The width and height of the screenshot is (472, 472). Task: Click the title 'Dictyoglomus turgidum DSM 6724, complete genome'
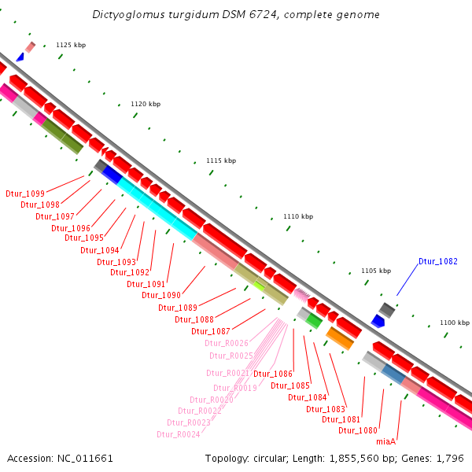[x=236, y=15]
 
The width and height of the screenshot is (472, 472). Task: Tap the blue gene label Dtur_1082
[x=437, y=261]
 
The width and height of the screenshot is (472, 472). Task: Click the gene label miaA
[x=385, y=441]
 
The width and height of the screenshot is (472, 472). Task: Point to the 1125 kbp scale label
[x=71, y=45]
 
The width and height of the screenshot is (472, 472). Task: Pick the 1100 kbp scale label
[x=454, y=323]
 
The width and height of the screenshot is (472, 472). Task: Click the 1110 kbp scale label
[x=298, y=216]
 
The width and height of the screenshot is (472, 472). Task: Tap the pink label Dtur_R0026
[x=227, y=343]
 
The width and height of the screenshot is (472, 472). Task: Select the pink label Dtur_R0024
[x=178, y=434]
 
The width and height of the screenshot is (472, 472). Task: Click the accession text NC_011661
[x=82, y=458]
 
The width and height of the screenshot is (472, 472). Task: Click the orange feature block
[x=340, y=338]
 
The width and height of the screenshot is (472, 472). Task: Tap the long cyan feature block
[x=157, y=208]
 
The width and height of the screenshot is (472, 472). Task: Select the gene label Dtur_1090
[x=161, y=295]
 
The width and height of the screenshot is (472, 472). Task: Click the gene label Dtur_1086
[x=273, y=374]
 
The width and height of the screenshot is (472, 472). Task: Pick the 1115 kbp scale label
[x=221, y=160]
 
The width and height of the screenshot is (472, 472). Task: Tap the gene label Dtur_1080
[x=358, y=430]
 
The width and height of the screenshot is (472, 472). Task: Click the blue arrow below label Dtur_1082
[x=378, y=321]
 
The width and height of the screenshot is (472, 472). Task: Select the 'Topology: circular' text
[x=245, y=458]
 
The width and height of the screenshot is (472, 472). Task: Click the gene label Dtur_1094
[x=100, y=250]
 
